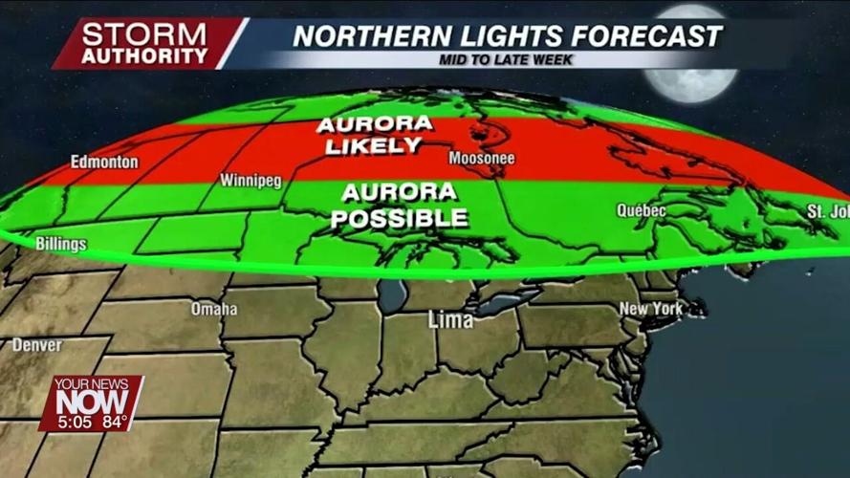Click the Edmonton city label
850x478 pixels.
(x=104, y=162)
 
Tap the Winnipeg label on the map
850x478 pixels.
(x=251, y=180)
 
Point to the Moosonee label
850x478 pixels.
(x=482, y=158)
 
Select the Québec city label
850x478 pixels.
(x=641, y=210)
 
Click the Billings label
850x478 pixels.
(x=60, y=244)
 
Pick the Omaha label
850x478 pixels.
(x=213, y=309)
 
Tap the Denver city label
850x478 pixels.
(x=36, y=344)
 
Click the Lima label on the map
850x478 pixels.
(x=450, y=320)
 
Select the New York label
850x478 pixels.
(x=651, y=309)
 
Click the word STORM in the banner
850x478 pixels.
(x=144, y=33)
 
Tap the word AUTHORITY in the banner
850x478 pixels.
(x=144, y=55)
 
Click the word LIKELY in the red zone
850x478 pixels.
(x=373, y=146)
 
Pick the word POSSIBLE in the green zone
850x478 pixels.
(x=400, y=218)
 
